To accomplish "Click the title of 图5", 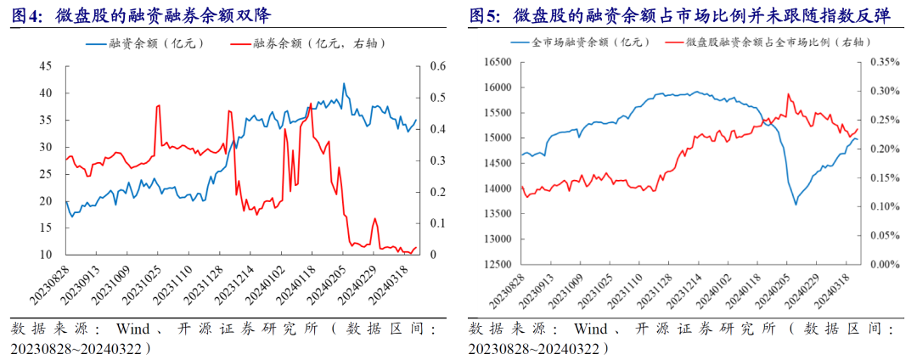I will coord(678,14).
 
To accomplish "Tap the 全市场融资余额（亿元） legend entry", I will coord(586,41).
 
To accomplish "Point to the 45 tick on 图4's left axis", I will coord(46,66).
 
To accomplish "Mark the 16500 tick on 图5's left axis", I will coord(497,62).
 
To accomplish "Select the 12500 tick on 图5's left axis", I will coord(497,264).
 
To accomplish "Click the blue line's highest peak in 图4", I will coord(344,83).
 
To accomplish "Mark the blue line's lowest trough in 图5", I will coord(796,205).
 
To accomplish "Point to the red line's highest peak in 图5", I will coord(788,94).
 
